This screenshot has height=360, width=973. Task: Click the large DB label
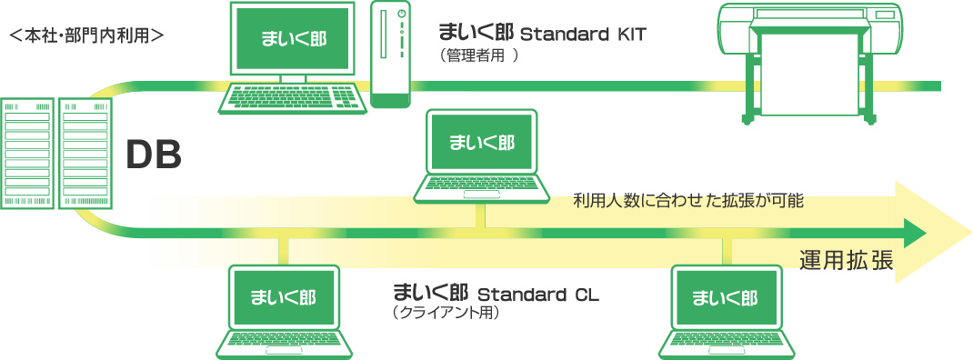[x=154, y=156]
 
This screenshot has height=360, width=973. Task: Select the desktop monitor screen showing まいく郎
[x=292, y=40]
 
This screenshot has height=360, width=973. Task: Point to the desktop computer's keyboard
[x=292, y=97]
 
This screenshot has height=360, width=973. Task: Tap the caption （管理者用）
[x=478, y=55]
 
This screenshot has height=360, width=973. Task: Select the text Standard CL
[x=538, y=295]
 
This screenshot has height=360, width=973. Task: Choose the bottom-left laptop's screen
[x=285, y=297]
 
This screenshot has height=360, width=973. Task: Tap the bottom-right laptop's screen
[x=725, y=297]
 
